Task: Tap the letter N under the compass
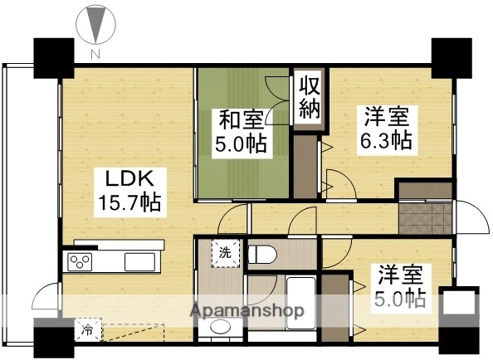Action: point(95,55)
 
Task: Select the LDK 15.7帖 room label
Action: point(125,190)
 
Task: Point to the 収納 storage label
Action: point(310,97)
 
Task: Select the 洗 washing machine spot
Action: point(226,252)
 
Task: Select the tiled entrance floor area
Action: point(425,216)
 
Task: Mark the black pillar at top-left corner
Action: point(51,57)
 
